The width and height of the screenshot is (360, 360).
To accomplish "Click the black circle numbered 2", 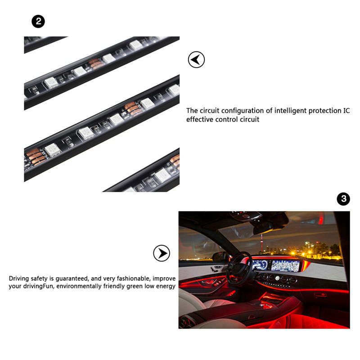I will (x=38, y=21).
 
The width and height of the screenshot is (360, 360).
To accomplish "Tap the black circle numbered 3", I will (x=343, y=199).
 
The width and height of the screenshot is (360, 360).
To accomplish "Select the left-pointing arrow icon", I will (x=196, y=59).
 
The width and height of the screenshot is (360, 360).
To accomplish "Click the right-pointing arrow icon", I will (x=162, y=253).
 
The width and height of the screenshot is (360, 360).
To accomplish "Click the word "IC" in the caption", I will (x=346, y=111).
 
